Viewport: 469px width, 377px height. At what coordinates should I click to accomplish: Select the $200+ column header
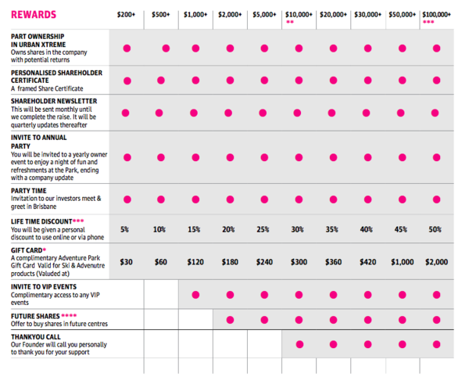(126, 14)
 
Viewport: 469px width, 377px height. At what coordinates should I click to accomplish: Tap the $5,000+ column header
(264, 14)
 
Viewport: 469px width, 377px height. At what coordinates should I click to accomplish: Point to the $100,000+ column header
(436, 14)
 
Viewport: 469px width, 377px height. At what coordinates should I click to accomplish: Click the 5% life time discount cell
(125, 229)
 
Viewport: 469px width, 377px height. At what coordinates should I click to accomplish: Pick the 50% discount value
(435, 229)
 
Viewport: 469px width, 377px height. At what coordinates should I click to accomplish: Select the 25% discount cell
(263, 229)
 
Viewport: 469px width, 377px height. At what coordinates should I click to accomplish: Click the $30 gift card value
(126, 263)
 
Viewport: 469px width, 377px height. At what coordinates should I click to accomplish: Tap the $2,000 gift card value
(435, 263)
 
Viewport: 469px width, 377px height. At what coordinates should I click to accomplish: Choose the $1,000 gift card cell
(402, 263)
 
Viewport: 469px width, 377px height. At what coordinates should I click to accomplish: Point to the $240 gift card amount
(263, 263)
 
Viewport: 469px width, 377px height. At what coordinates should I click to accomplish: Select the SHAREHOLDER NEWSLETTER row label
(54, 101)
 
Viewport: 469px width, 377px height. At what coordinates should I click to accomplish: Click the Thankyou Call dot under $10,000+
(298, 344)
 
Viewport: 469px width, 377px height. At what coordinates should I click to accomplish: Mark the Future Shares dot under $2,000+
(229, 319)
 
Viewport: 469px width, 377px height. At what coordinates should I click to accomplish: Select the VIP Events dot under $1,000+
(195, 295)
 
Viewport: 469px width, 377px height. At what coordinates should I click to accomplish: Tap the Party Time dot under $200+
(126, 199)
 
